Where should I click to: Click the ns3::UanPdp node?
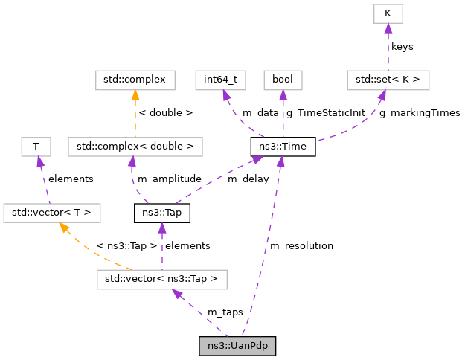click(237, 346)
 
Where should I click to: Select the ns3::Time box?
click(283, 147)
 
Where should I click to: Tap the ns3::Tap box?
click(161, 214)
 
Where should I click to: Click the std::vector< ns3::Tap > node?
click(161, 280)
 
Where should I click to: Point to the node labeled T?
click(35, 147)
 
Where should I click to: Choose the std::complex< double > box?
click(135, 147)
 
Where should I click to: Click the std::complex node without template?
click(135, 79)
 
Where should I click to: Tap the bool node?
click(283, 79)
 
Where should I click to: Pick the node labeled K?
click(388, 13)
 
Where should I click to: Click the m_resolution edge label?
click(301, 245)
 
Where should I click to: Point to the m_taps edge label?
click(225, 312)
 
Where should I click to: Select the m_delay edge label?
click(248, 179)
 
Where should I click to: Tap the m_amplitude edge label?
click(170, 179)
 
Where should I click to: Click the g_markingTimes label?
click(420, 112)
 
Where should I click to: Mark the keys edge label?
click(402, 46)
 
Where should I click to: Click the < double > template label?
click(166, 112)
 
